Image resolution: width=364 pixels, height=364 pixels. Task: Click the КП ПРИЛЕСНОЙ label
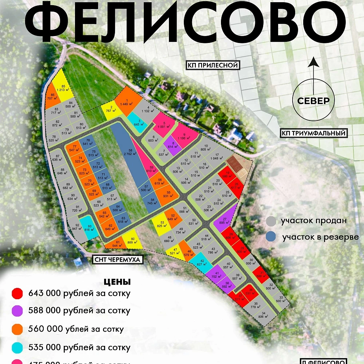[213, 66]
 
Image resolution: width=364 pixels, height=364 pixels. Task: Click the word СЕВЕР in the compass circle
[313, 101]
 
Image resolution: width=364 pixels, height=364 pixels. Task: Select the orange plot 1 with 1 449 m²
[126, 102]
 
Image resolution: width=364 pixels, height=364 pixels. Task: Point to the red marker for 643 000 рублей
[17, 293]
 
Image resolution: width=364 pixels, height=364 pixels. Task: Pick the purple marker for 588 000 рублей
[17, 311]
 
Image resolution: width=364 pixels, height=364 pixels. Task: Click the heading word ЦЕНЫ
[117, 282]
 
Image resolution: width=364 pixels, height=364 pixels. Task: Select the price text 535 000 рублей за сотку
[79, 347]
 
